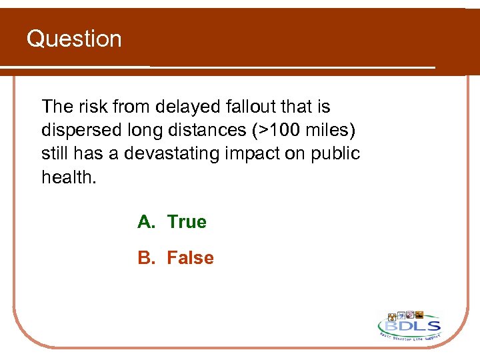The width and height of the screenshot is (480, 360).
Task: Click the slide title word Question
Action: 74,39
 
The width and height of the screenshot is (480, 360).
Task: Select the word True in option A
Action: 187,222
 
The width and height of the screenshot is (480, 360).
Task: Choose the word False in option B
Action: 190,258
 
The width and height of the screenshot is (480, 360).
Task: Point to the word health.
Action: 68,177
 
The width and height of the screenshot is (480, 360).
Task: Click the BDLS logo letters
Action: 409,326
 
